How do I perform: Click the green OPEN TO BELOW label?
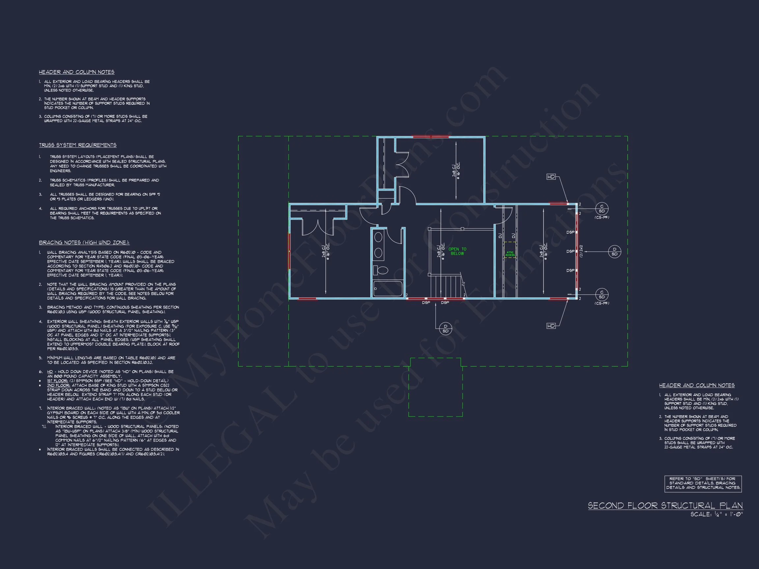[x=457, y=251]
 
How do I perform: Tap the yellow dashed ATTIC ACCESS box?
[x=510, y=254]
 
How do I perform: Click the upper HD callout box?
[x=551, y=176]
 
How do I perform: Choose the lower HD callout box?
[x=551, y=326]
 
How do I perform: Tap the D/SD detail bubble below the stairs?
[x=445, y=329]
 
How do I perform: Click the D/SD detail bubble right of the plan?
[x=614, y=252]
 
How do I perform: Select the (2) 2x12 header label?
[x=581, y=251]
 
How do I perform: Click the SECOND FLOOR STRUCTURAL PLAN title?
[x=665, y=505]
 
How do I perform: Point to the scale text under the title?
[x=717, y=514]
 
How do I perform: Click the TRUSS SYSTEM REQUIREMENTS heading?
[x=77, y=145]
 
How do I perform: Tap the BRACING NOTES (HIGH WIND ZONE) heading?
[x=84, y=242]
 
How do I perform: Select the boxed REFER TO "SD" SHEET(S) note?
[x=703, y=483]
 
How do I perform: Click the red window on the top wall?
[x=430, y=137]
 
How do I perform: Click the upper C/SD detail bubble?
[x=602, y=208]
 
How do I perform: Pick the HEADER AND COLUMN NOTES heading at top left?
[x=76, y=72]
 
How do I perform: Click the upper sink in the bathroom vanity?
[x=379, y=237]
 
